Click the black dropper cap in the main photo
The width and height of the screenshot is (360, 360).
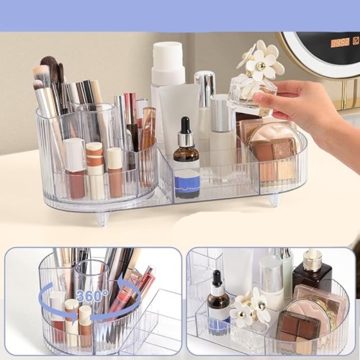tap(185, 125)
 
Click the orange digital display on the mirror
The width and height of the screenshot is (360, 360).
tap(340, 43)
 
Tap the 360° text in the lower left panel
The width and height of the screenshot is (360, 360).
tap(92, 296)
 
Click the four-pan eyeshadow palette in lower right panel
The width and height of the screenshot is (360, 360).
tap(298, 325)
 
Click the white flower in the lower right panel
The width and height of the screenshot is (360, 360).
tap(250, 306)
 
